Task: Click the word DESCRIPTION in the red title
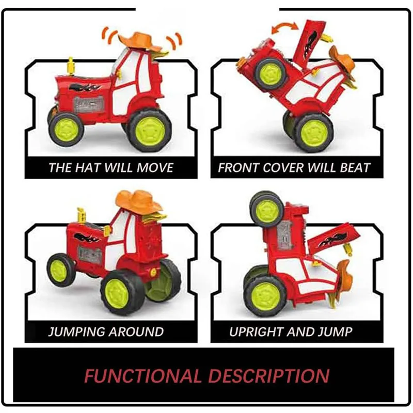[x=268, y=375]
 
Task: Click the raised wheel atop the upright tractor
[x=266, y=209]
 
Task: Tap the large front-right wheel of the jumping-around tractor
[x=124, y=291]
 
